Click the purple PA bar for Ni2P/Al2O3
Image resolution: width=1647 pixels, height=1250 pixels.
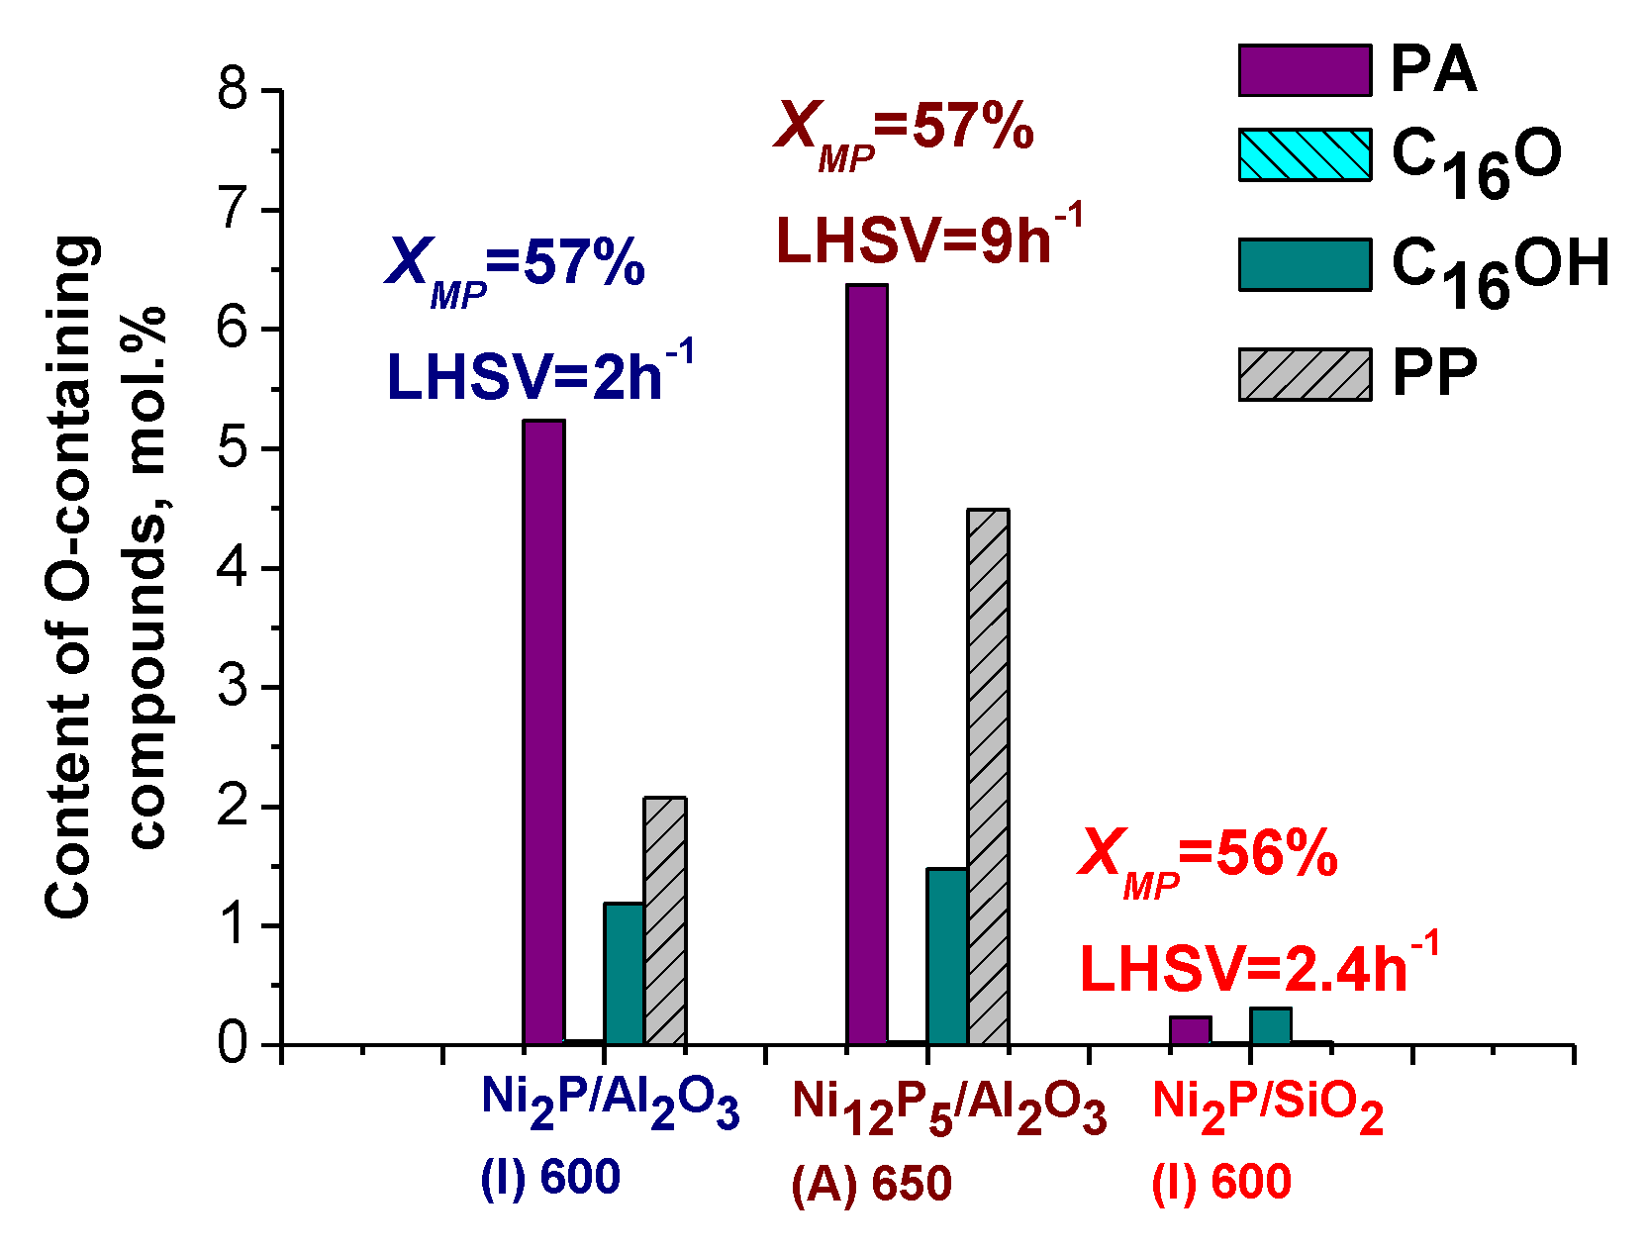point(543,732)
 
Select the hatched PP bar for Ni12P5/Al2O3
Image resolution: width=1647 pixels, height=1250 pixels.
point(988,777)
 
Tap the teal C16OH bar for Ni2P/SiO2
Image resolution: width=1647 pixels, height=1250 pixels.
point(1271,1026)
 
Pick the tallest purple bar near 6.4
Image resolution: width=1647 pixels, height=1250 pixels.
point(867,663)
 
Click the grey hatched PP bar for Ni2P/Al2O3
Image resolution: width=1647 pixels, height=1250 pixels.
point(665,920)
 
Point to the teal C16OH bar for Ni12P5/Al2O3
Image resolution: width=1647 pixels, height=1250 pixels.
point(947,956)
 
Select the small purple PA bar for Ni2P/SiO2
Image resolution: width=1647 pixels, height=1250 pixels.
point(1190,1030)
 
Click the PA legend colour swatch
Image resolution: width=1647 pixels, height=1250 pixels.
point(1305,70)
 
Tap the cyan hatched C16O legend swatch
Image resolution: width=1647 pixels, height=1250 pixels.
point(1305,154)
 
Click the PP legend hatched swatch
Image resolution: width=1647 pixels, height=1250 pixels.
point(1305,374)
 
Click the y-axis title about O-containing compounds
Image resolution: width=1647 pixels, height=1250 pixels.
point(104,574)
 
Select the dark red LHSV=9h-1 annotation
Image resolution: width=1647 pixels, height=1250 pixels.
point(928,239)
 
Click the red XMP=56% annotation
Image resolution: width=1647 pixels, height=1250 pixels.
point(1208,857)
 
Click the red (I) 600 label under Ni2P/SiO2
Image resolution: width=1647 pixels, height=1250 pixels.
point(1221,1182)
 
